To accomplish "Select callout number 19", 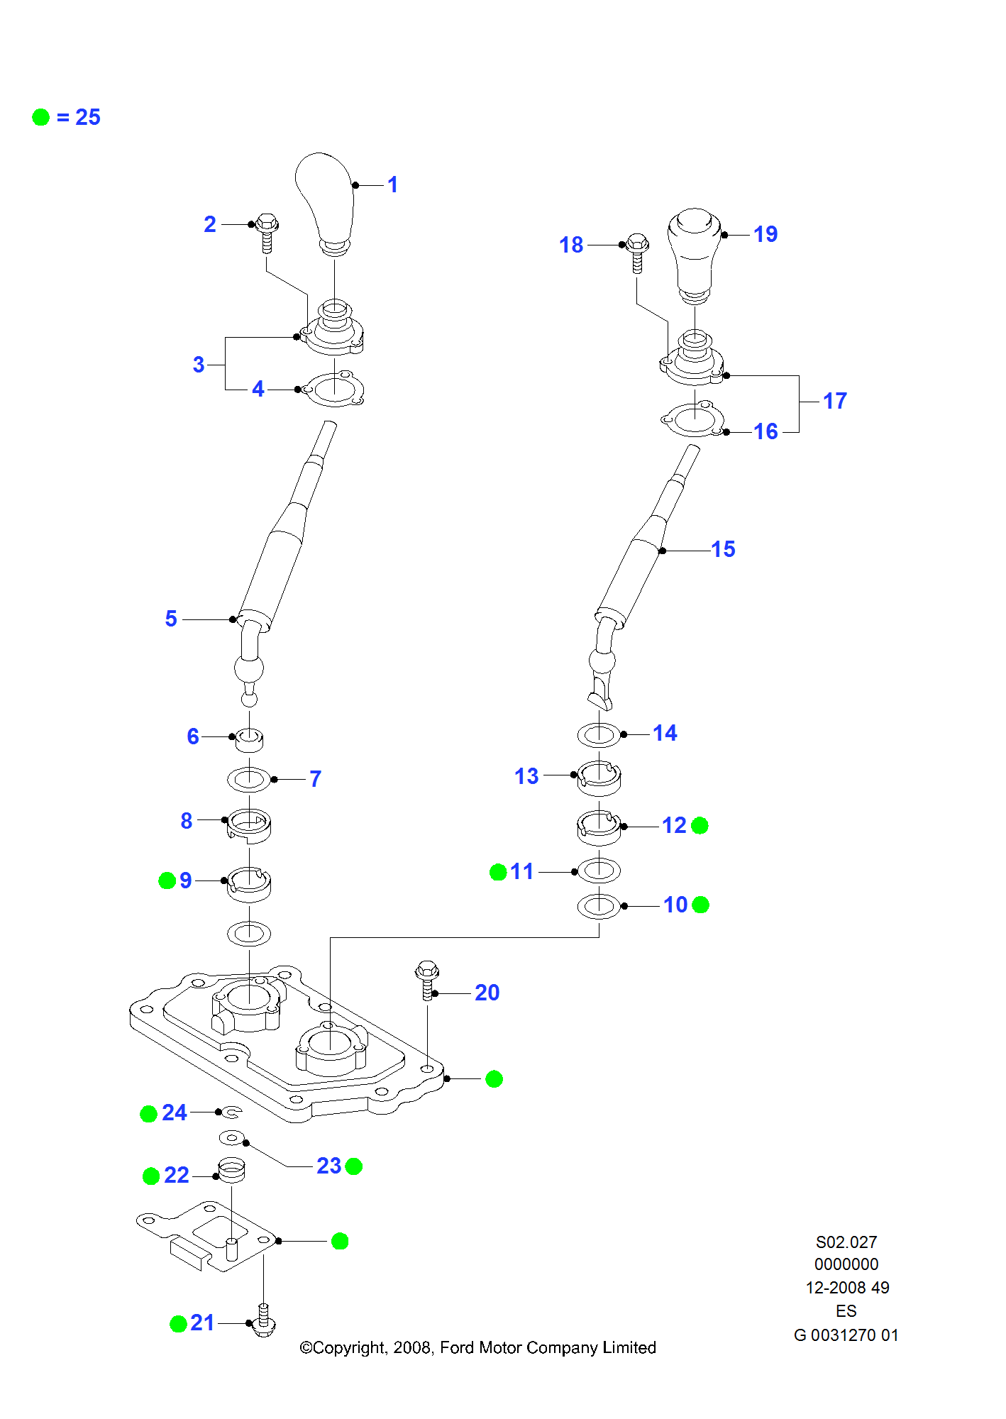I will [x=765, y=234].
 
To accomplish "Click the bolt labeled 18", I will [x=637, y=252].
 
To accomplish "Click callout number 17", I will [x=835, y=401].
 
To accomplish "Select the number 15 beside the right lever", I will [x=723, y=549].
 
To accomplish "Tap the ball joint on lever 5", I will [x=249, y=668].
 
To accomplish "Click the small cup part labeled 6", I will [x=249, y=740].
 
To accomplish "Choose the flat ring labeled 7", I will [x=249, y=779].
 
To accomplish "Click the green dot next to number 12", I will [x=700, y=826].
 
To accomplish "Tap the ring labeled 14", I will [x=599, y=734].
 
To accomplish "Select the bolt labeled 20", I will [x=427, y=980].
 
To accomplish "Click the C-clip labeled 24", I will [x=233, y=1112].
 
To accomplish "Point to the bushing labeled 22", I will [x=231, y=1171].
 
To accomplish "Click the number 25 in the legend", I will [x=88, y=117].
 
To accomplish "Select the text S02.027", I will [x=846, y=1242].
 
